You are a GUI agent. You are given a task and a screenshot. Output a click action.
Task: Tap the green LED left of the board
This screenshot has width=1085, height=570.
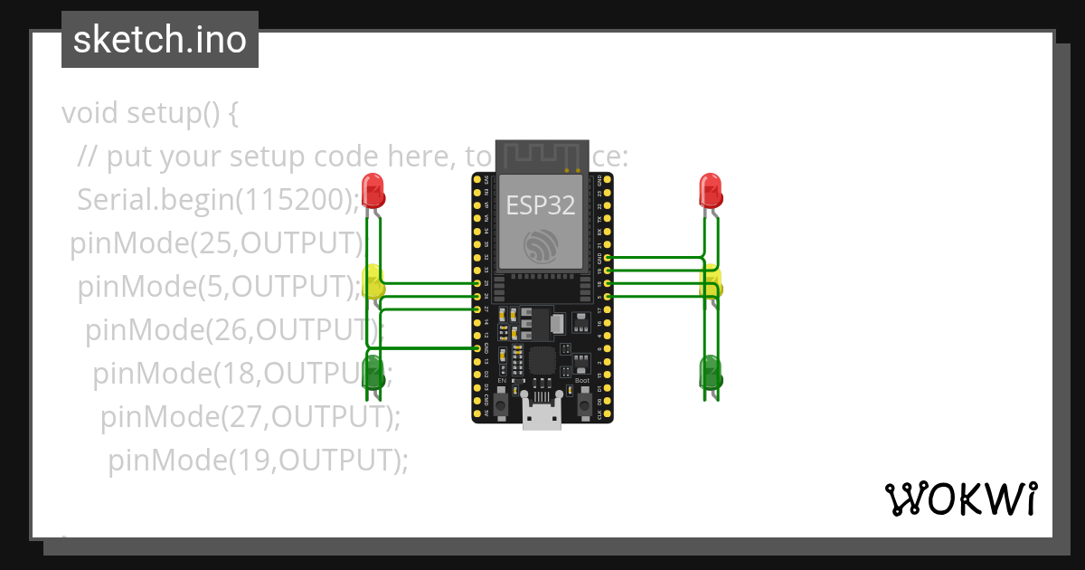(373, 371)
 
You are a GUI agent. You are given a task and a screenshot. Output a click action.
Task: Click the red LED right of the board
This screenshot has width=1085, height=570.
(711, 191)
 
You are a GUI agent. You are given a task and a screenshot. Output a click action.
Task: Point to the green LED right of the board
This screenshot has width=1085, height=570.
(711, 371)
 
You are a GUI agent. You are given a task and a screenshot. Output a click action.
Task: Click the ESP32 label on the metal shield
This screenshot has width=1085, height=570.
(540, 205)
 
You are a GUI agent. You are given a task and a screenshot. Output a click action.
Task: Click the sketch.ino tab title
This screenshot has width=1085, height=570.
(160, 40)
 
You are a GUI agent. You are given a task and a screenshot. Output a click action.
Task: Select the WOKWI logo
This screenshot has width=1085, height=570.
(960, 499)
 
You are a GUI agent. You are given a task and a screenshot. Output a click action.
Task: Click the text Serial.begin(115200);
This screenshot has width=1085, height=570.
(217, 199)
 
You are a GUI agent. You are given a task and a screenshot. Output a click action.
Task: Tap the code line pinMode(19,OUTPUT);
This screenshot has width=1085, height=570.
(258, 460)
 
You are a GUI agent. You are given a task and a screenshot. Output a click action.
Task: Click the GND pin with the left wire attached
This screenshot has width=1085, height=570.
(477, 347)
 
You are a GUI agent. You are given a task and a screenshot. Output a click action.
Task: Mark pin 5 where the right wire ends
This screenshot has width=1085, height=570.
(608, 297)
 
